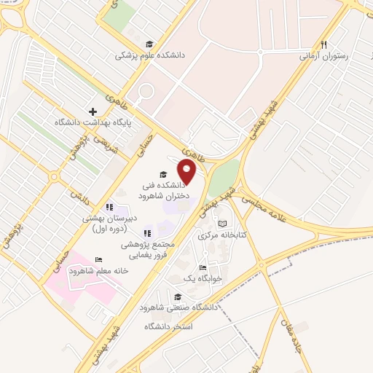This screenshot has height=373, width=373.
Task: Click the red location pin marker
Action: tap(188, 173)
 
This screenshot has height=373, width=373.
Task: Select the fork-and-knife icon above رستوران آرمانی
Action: tap(324, 44)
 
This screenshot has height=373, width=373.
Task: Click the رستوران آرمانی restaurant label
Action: tap(325, 55)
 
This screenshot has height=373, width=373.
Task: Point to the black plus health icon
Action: tap(93, 111)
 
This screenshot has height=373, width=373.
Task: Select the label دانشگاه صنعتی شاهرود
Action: tap(183, 307)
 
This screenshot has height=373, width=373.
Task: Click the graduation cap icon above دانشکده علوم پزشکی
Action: tap(149, 44)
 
